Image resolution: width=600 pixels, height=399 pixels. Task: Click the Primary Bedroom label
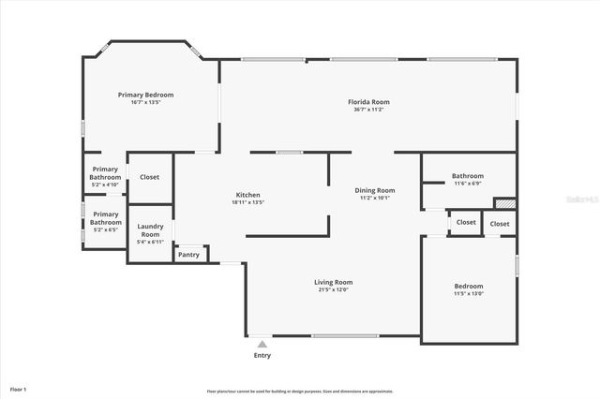[145, 95]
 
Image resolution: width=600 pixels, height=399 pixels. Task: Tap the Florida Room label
[368, 102]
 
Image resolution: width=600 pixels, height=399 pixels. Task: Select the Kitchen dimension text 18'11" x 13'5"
[247, 202]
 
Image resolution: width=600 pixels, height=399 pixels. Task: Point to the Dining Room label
[375, 190]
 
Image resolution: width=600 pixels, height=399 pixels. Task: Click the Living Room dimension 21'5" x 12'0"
[333, 289]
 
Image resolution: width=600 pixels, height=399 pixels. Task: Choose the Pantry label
[188, 254]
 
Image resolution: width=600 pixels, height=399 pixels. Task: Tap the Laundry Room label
[151, 229]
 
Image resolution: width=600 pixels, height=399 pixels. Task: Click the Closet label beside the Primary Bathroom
[149, 177]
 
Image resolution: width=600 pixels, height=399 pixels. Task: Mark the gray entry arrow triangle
[262, 345]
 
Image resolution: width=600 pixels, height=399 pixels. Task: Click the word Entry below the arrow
[262, 356]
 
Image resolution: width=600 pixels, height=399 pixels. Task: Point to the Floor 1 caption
[18, 389]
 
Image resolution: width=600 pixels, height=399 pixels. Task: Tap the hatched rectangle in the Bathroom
[504, 201]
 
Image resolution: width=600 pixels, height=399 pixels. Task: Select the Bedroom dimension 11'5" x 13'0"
[469, 294]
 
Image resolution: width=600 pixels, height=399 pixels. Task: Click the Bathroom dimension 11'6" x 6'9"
[467, 184]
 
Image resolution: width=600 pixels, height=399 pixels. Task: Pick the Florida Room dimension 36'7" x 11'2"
[368, 110]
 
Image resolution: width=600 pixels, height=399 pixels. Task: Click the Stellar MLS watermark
[581, 199]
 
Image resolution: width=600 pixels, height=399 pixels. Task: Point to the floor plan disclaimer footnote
[300, 392]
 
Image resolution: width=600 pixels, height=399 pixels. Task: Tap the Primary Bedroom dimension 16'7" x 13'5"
[145, 102]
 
